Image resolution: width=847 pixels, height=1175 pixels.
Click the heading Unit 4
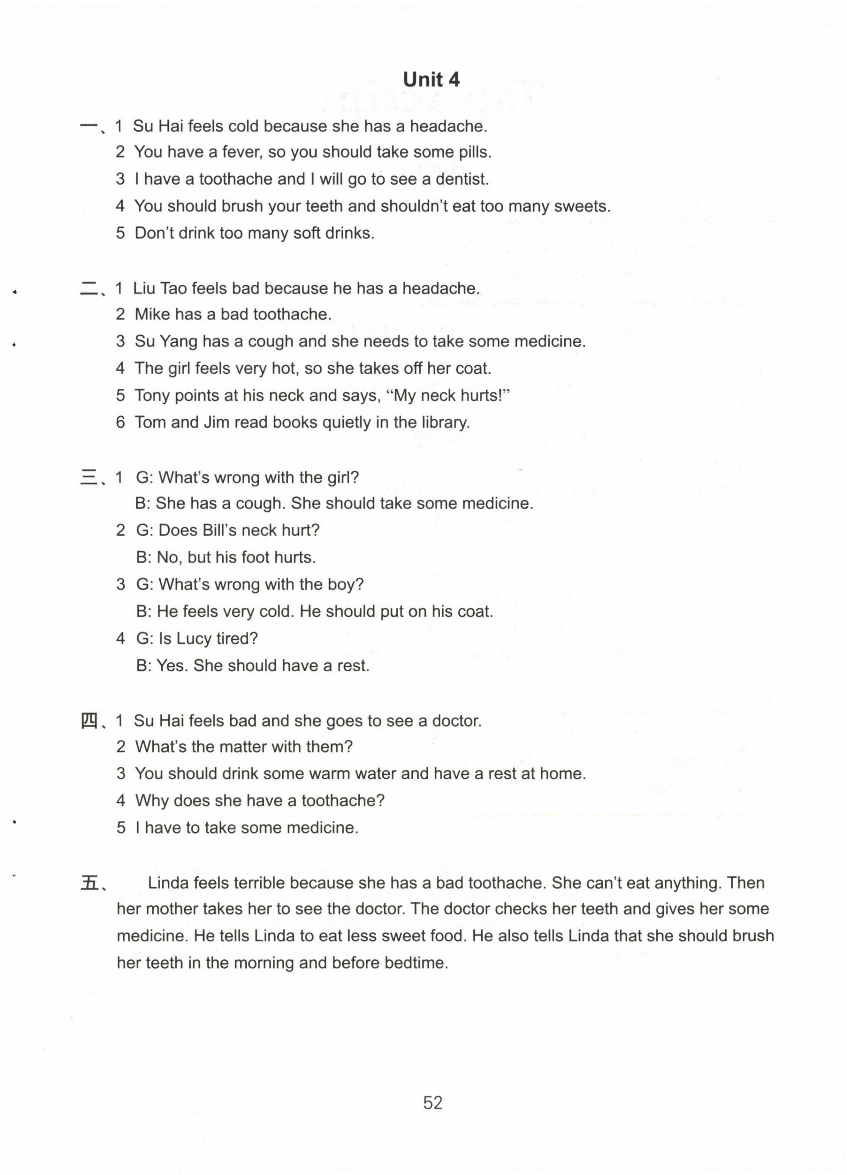coord(431,79)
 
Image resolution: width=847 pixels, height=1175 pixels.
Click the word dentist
coord(462,179)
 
